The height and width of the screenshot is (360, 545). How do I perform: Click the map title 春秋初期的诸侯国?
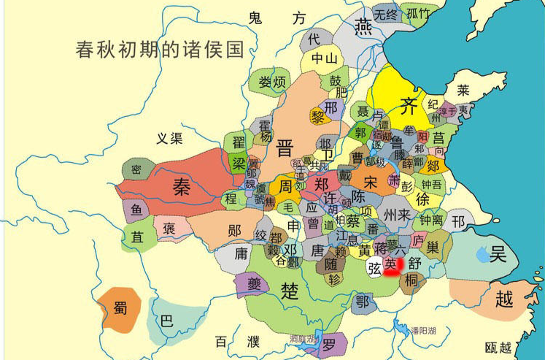point(159,50)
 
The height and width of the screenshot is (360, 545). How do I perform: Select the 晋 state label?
point(285,149)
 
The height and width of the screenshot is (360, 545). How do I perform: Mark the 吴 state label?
point(498,255)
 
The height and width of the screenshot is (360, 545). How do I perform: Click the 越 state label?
point(503,299)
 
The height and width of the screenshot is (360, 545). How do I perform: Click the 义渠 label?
point(169,138)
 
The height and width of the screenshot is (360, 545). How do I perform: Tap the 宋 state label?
point(371,180)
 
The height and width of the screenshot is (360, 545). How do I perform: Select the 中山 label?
point(325,58)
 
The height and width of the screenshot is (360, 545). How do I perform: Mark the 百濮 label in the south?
point(237,341)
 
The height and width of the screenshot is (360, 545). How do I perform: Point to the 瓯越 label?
point(498,347)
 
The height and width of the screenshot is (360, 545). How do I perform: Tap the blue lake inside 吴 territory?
point(482,255)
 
